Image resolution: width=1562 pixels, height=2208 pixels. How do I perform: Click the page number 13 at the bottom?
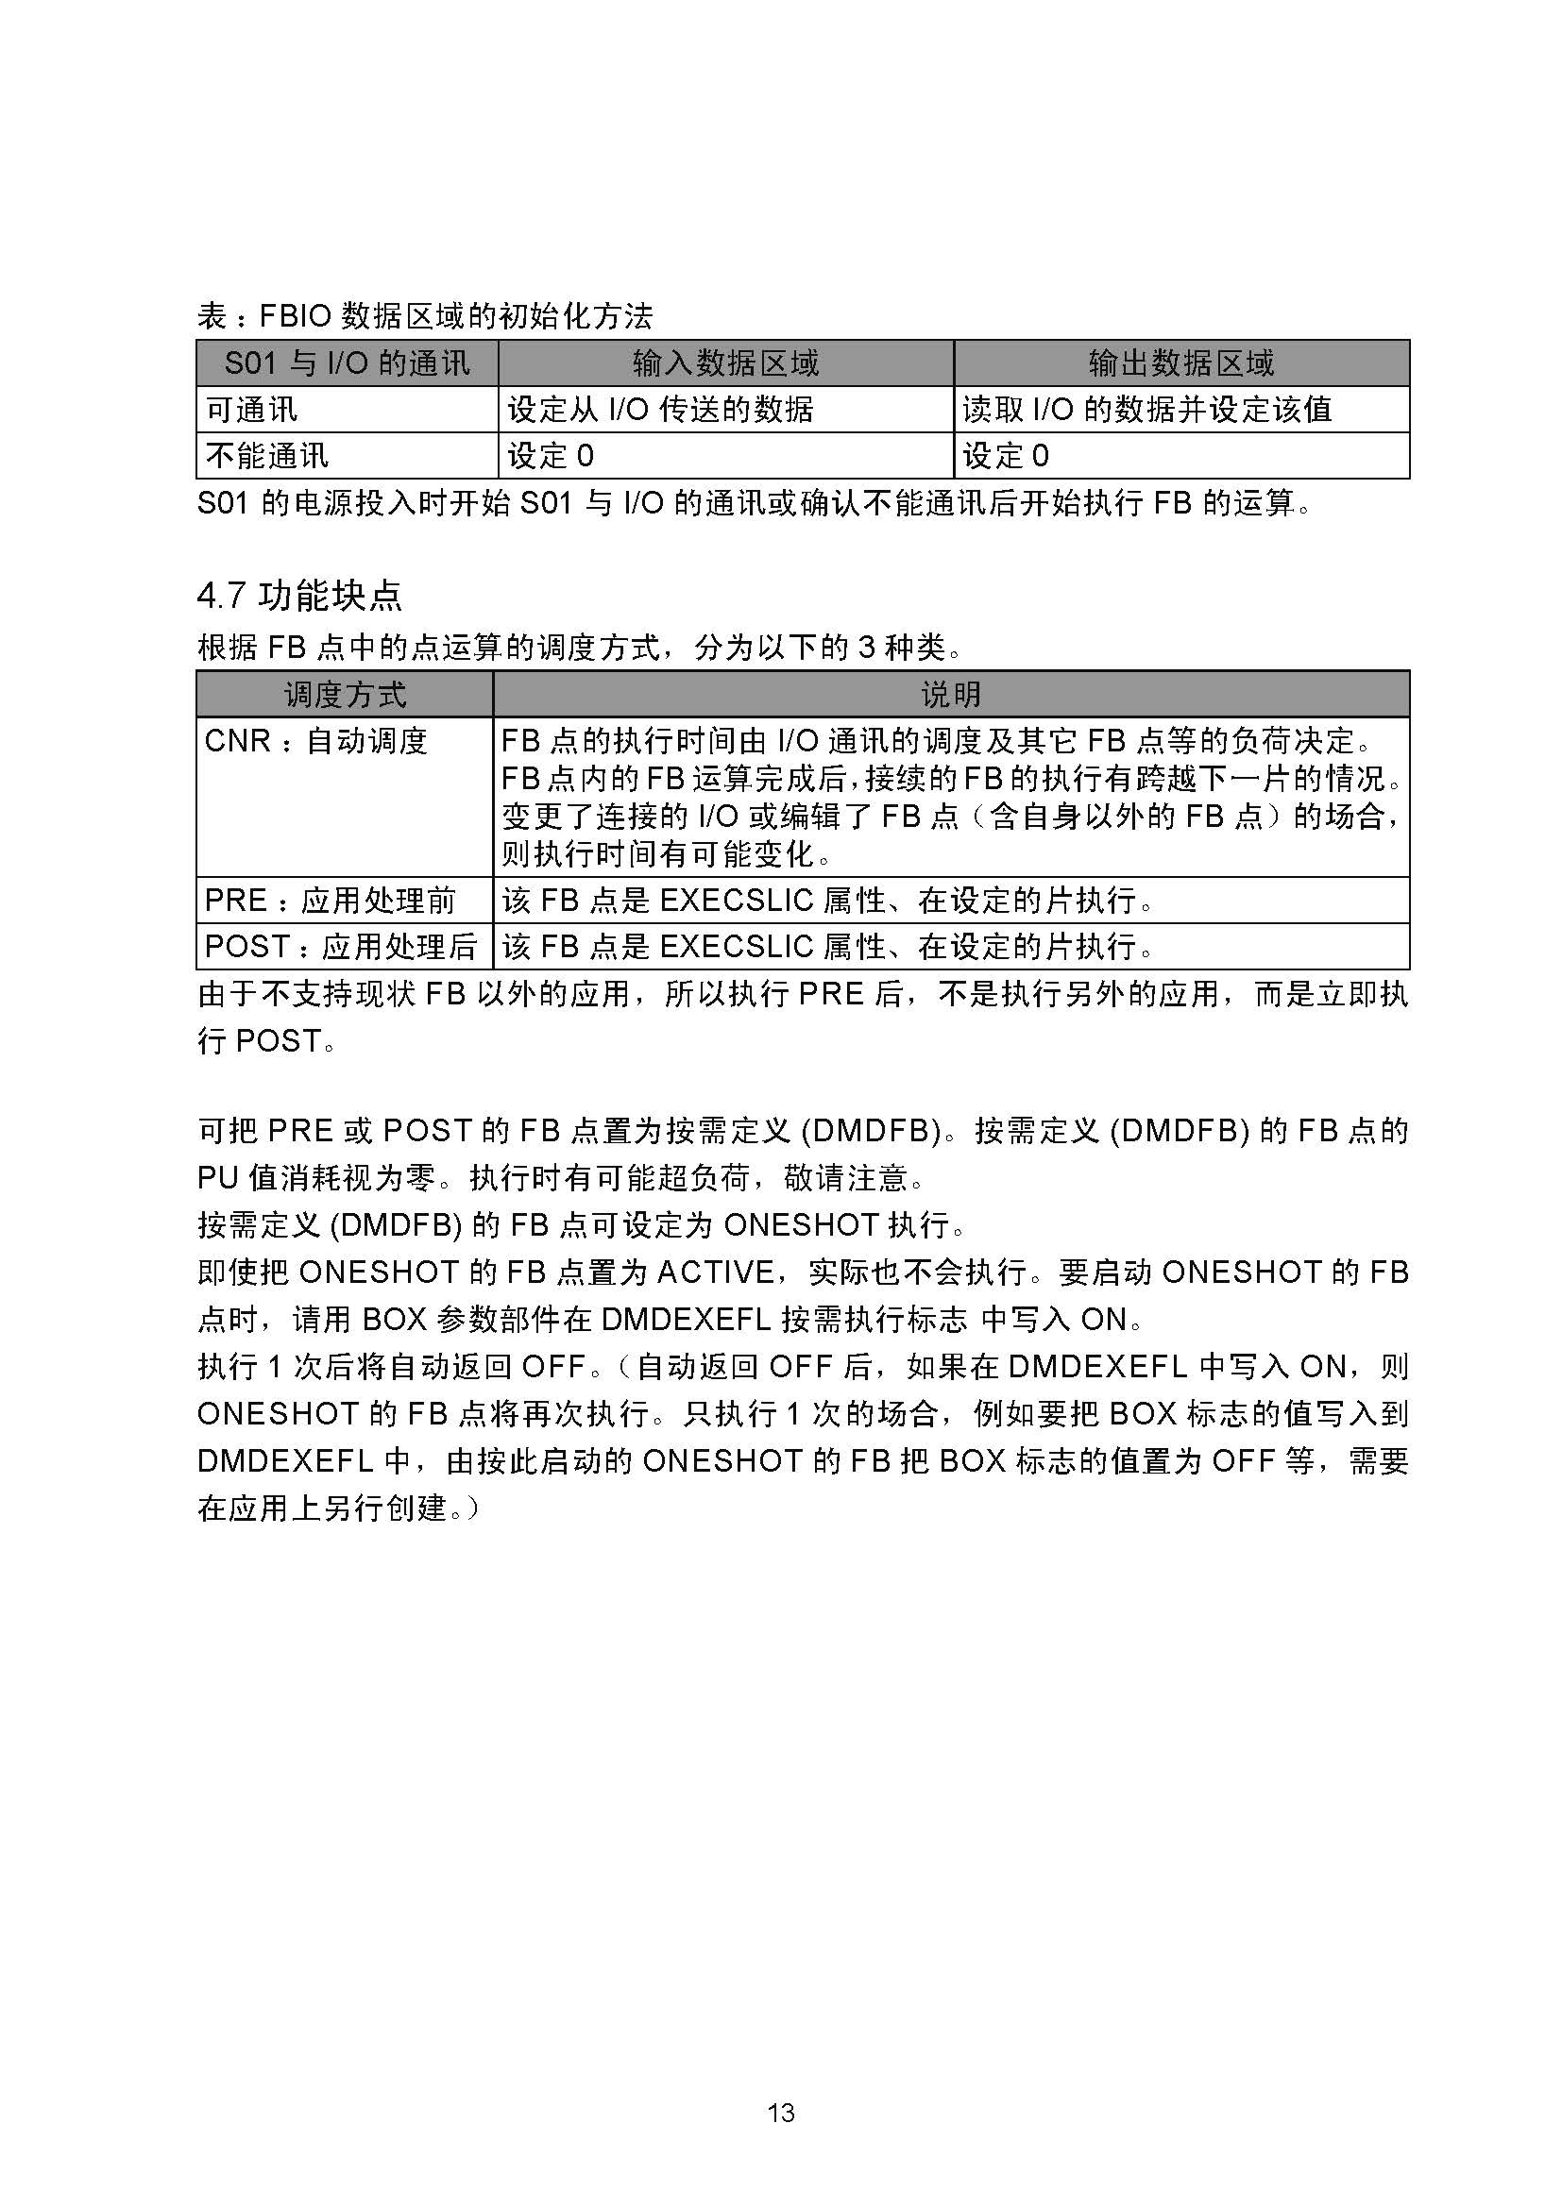[781, 2113]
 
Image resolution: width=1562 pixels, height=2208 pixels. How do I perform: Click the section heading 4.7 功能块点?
[299, 597]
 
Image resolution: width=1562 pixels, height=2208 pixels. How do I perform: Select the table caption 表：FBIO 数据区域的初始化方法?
[424, 315]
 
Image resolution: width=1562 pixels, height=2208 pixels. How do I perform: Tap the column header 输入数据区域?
[725, 362]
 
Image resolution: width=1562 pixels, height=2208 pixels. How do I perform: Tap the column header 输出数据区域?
[1181, 362]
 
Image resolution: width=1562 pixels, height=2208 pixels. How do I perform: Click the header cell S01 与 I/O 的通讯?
[347, 362]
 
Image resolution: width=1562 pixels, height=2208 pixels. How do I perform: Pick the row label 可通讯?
[252, 410]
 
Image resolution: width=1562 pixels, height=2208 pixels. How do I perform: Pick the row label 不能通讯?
[267, 456]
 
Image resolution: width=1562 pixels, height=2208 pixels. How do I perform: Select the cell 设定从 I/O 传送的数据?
[660, 410]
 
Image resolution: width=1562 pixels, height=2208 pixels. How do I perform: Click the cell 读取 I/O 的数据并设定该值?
[1146, 410]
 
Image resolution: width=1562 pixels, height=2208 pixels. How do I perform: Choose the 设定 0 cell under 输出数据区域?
[1005, 456]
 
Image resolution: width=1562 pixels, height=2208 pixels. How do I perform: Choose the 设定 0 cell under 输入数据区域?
[551, 456]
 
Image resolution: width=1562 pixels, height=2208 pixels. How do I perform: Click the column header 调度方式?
[345, 695]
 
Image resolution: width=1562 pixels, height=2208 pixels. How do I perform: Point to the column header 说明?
[950, 695]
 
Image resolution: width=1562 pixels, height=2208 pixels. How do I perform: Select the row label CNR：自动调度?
[315, 741]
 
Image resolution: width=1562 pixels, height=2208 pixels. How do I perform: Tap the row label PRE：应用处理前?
[330, 902]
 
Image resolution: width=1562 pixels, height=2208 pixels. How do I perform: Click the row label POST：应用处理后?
[341, 947]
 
